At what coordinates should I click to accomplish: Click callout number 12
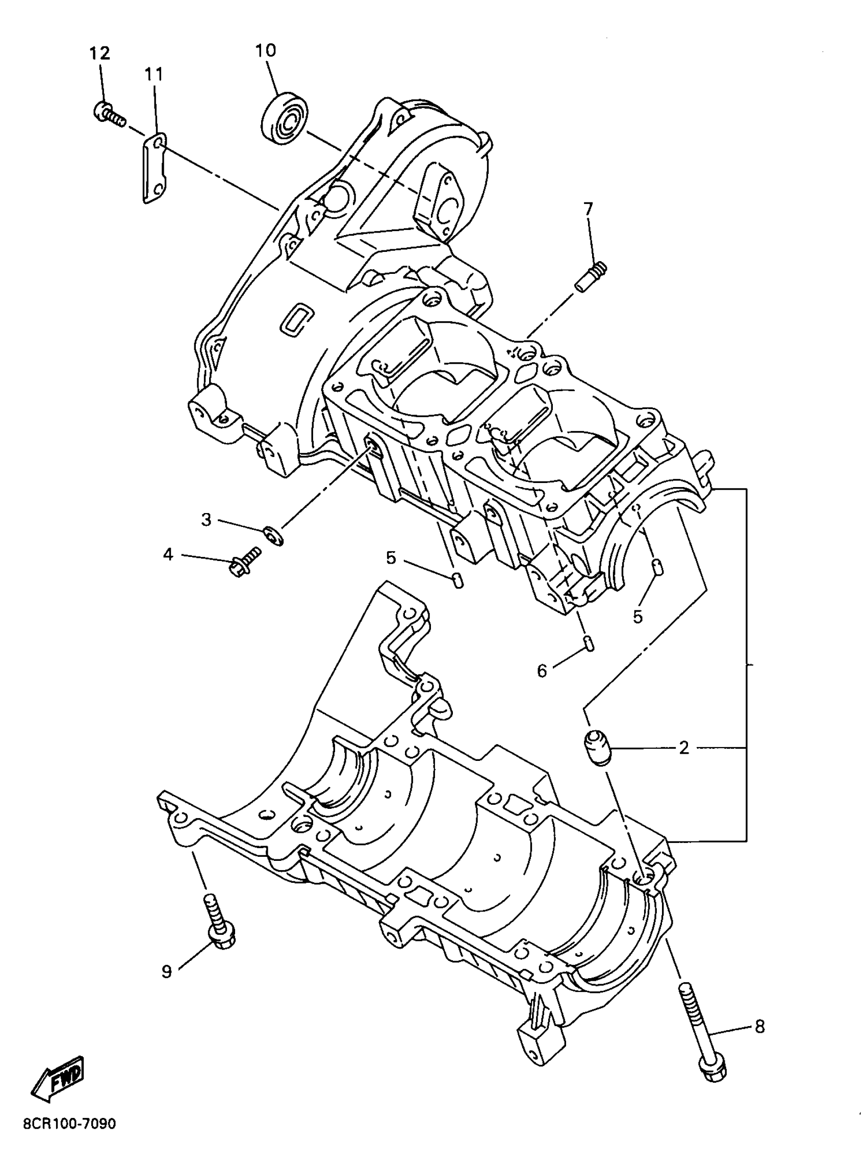(x=100, y=53)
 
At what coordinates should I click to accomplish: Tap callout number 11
(x=154, y=74)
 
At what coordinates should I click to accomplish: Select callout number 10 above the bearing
(x=266, y=50)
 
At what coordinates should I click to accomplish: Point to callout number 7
(x=588, y=209)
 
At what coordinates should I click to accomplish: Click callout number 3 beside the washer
(x=206, y=520)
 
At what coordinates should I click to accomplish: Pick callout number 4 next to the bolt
(x=168, y=554)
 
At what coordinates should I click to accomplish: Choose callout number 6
(x=542, y=670)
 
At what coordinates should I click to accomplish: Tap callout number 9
(x=166, y=972)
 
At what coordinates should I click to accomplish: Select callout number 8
(x=759, y=1026)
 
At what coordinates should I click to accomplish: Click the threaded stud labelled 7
(x=591, y=277)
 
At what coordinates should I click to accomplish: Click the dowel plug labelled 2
(x=598, y=747)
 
